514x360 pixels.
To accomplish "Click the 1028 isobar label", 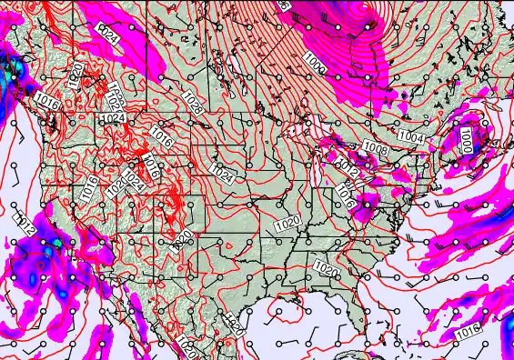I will coord(195,103).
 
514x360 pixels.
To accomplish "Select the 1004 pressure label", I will coord(411,137).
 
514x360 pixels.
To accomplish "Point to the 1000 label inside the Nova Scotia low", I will coord(466,139).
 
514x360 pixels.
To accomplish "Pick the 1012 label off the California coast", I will coord(25,224).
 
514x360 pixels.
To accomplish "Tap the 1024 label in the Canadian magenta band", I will coord(107,34).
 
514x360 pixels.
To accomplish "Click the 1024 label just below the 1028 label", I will coord(221,173).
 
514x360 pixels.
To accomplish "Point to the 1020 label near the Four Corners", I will coord(182,238).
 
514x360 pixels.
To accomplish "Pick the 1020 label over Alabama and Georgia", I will coord(325,265).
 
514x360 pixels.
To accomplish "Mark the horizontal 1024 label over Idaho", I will coord(113,118).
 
